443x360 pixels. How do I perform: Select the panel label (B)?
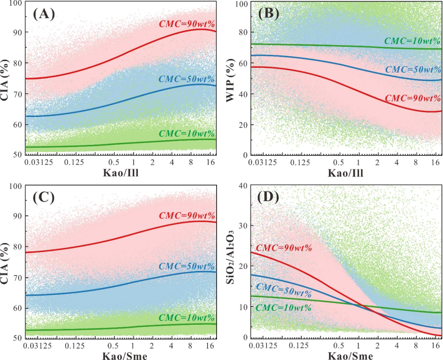[x=269, y=14]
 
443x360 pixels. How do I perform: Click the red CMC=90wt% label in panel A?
[x=187, y=23]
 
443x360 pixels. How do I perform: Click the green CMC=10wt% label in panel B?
[x=412, y=41]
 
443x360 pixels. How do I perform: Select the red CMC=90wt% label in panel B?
[x=412, y=98]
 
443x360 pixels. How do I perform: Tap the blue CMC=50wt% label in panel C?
[x=187, y=266]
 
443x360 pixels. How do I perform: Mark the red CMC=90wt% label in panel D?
[x=283, y=248]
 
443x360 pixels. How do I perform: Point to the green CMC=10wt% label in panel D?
[x=283, y=307]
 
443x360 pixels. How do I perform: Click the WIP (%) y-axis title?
[x=233, y=77]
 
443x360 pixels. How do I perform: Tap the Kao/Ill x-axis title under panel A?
[x=120, y=172]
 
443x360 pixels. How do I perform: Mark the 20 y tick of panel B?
[x=243, y=125]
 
